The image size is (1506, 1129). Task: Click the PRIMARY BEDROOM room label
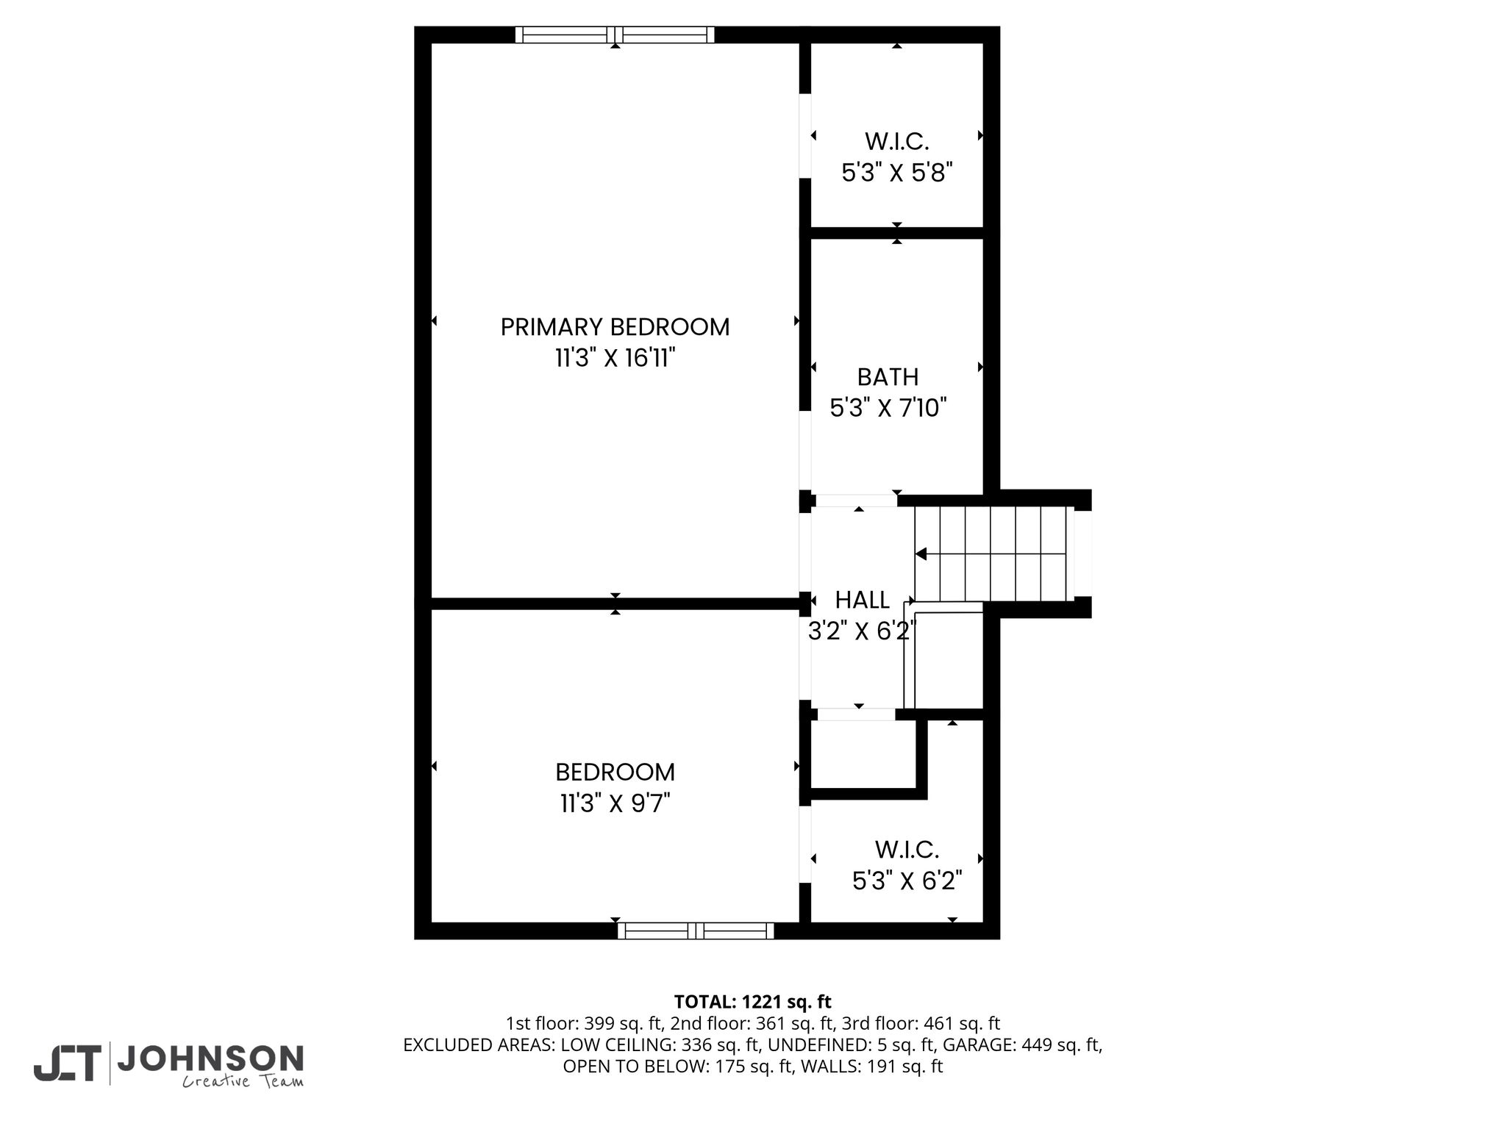[x=615, y=327]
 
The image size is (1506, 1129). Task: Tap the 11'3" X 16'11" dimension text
[x=615, y=359]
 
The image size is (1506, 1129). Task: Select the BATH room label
[x=888, y=377]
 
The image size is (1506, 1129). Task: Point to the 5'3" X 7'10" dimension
[x=888, y=408]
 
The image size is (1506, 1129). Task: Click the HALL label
[x=862, y=601]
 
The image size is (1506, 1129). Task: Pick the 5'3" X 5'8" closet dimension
[x=896, y=173]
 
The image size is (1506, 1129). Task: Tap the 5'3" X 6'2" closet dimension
[x=907, y=881]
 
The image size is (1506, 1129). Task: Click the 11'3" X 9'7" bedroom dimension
[x=615, y=803]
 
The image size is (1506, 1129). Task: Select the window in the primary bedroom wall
[x=615, y=35]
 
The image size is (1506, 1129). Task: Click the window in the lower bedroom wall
[x=696, y=931]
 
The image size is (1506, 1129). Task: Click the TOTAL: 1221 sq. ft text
[x=752, y=1002]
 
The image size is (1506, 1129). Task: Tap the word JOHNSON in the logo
[x=210, y=1058]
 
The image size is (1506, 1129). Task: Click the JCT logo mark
[x=66, y=1064]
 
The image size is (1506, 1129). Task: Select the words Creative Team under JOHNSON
[x=243, y=1081]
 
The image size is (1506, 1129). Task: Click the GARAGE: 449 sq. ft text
[x=1022, y=1044]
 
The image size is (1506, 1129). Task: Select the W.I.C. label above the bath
[x=896, y=141]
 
